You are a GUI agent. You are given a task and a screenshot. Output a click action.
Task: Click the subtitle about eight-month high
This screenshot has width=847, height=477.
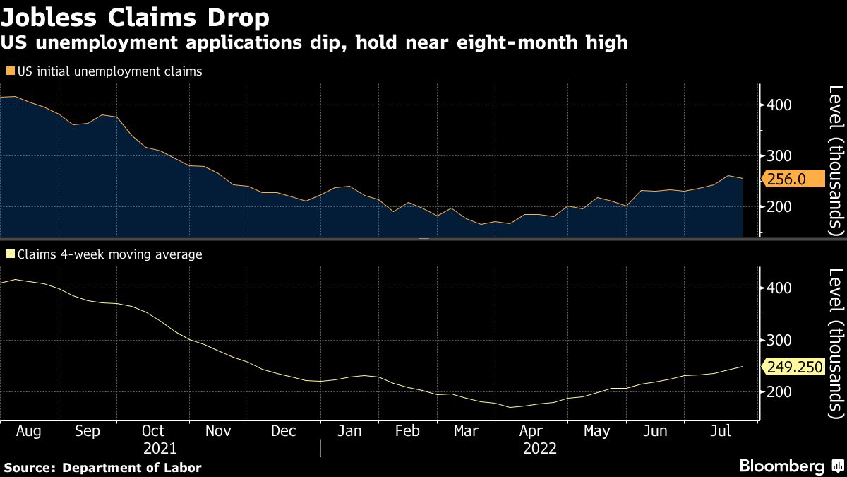pos(314,43)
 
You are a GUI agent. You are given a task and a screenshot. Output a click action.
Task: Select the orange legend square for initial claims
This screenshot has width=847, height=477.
pos(9,71)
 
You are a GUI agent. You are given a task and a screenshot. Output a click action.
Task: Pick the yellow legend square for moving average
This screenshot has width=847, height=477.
pos(9,254)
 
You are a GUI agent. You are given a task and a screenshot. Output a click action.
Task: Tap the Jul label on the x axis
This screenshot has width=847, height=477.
pos(722,431)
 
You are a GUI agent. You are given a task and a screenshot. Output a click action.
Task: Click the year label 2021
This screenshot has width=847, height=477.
pos(160,448)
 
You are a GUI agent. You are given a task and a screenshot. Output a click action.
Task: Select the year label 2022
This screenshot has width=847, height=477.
pos(540,448)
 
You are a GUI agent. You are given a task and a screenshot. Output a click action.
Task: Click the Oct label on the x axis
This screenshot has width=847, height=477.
pos(152,431)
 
